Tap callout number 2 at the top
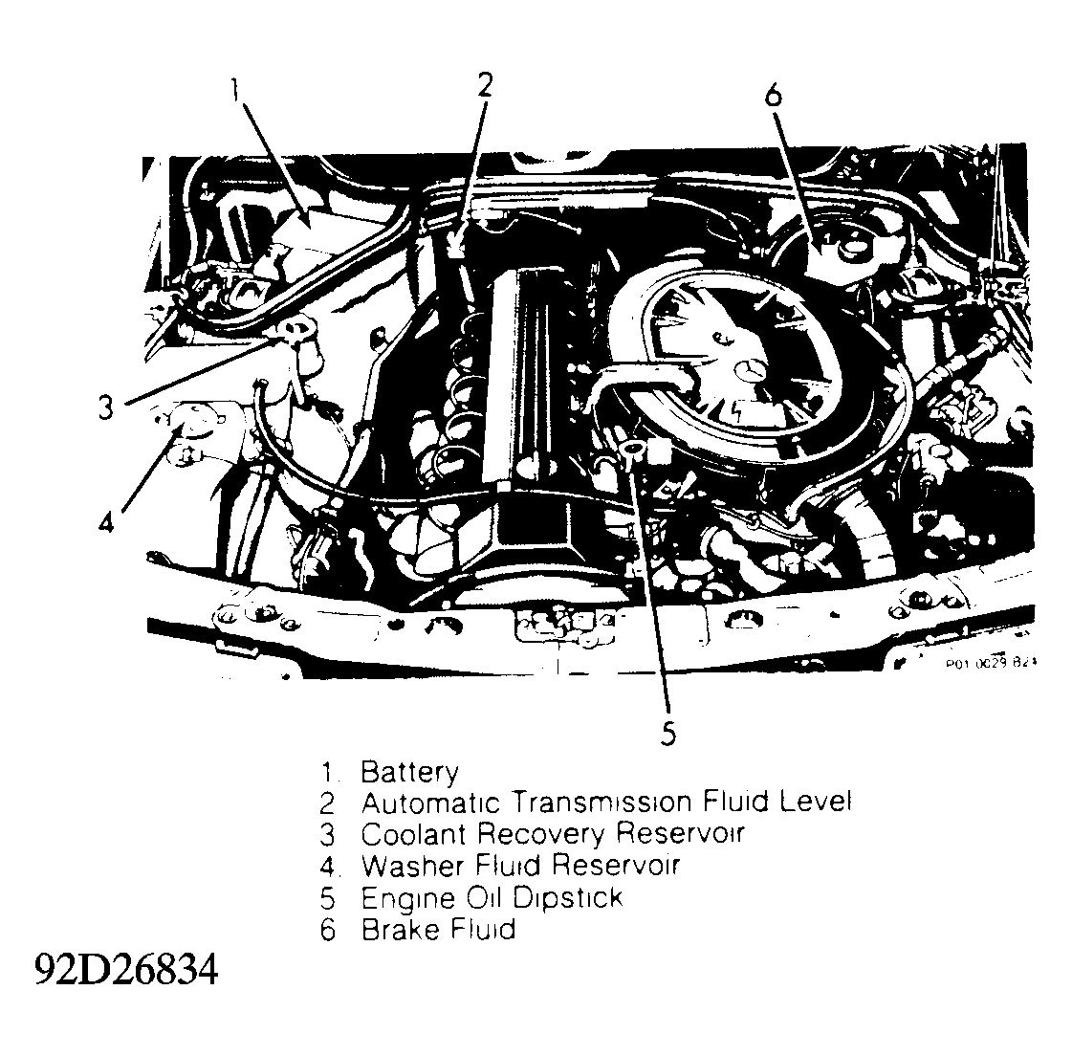pyautogui.click(x=486, y=86)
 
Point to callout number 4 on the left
pyautogui.click(x=107, y=521)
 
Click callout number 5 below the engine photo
pyautogui.click(x=667, y=734)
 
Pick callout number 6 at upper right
pyautogui.click(x=773, y=95)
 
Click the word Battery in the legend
pyautogui.click(x=409, y=773)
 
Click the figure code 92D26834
pyautogui.click(x=127, y=971)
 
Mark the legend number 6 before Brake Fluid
pyautogui.click(x=328, y=929)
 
